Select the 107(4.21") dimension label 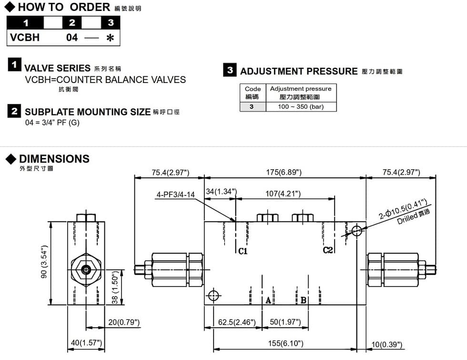point(283,194)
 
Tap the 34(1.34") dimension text point(221,192)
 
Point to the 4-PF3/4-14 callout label point(176,195)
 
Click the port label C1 point(243,251)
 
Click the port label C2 point(328,250)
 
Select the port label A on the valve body point(268,300)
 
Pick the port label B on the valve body point(303,300)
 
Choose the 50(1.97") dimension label point(285,322)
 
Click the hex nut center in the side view point(86,270)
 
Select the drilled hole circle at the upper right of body point(357,231)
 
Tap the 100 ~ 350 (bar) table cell point(301,107)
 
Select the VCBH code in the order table point(25,38)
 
